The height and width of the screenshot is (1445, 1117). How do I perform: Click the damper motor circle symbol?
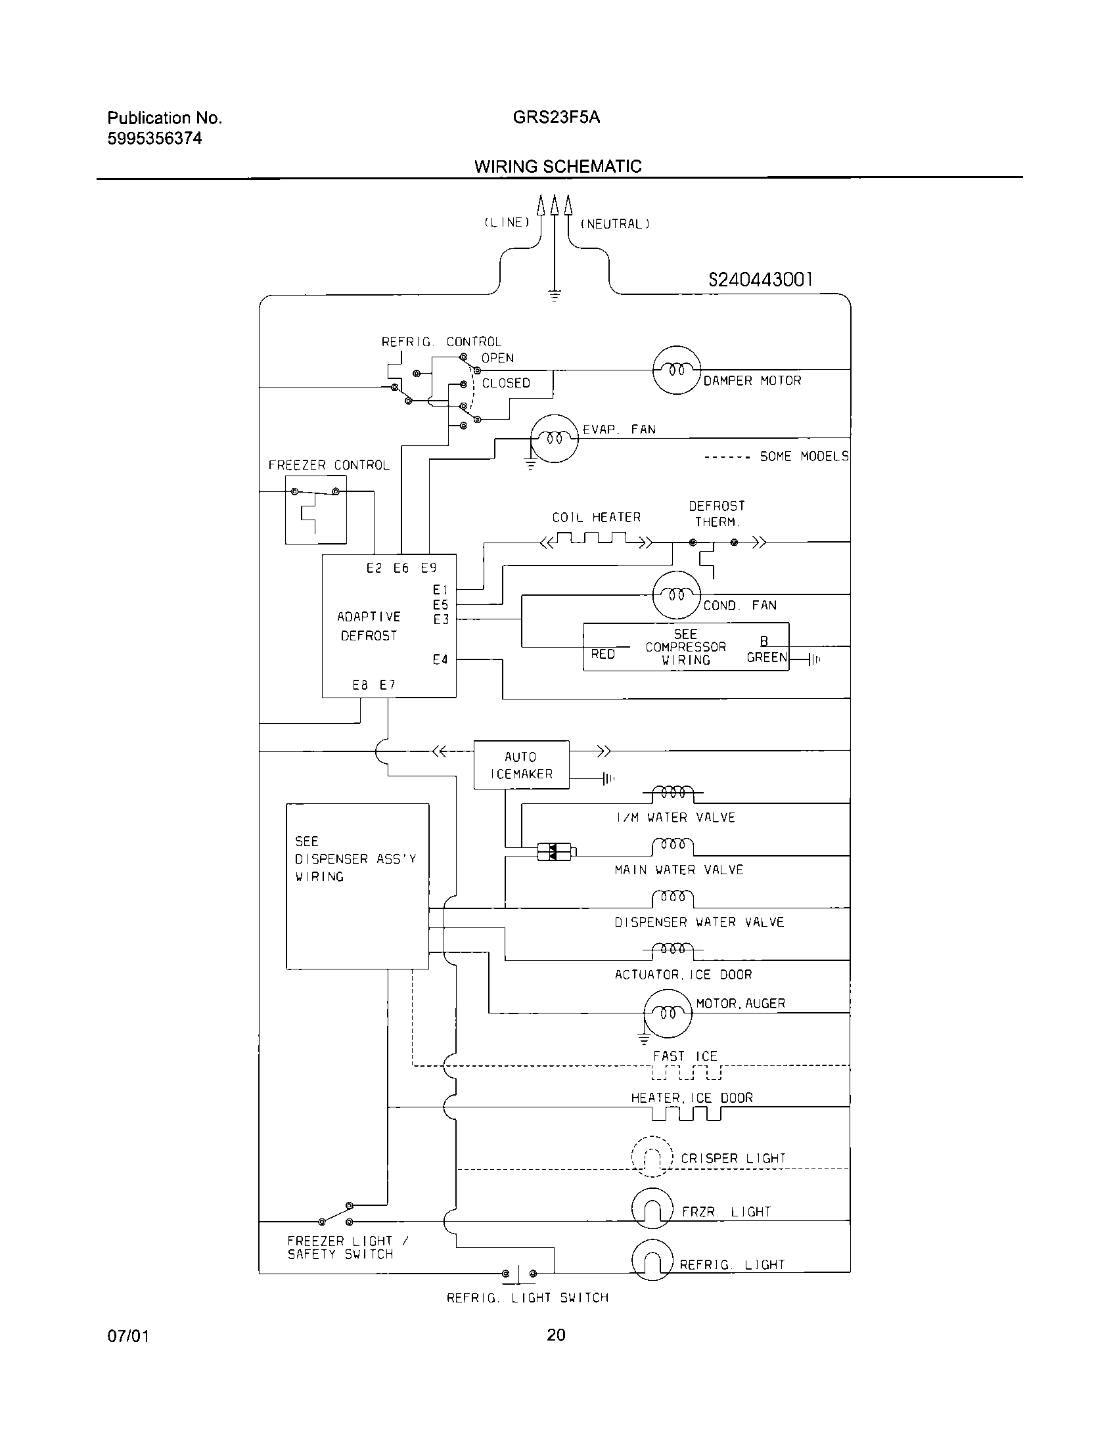(x=676, y=370)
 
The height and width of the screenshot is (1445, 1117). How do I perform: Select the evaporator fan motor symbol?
(x=555, y=438)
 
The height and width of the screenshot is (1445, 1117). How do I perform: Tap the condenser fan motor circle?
(x=676, y=595)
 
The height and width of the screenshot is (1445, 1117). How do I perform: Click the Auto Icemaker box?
(x=521, y=765)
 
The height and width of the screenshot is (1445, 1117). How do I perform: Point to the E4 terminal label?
(x=440, y=659)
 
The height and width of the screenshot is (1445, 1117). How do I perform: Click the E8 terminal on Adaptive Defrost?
(x=359, y=686)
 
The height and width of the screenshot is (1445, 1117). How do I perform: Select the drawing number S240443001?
(x=760, y=280)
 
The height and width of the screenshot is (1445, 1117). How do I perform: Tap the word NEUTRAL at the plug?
(x=615, y=224)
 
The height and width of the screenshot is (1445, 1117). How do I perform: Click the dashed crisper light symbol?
(x=652, y=1156)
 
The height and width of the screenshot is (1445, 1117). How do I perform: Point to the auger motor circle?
(x=668, y=1013)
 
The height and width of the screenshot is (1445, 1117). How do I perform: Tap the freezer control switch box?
(x=315, y=510)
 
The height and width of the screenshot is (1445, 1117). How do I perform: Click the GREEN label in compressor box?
(x=767, y=657)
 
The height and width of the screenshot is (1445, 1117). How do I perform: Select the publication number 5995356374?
(x=154, y=139)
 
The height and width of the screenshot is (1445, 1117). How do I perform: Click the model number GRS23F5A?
(x=556, y=118)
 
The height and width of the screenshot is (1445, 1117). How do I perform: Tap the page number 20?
(x=556, y=1335)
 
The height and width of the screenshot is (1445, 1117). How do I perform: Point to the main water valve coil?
(x=672, y=845)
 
